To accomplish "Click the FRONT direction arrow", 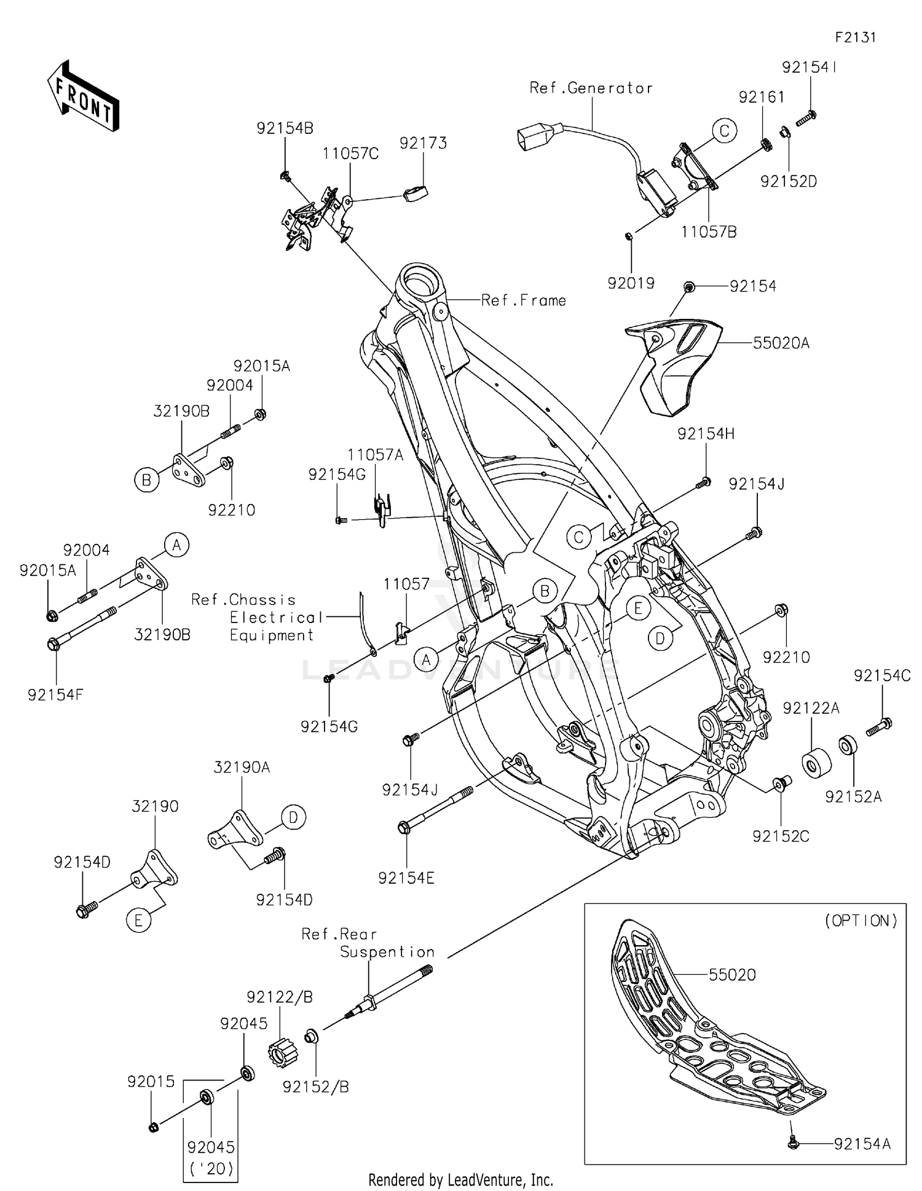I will click(x=83, y=96).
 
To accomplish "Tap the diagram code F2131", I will click(x=855, y=37).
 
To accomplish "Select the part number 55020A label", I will click(x=781, y=343).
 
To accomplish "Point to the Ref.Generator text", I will click(x=591, y=88).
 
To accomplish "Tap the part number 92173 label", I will click(x=423, y=143).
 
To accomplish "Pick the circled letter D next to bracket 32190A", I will click(x=293, y=817).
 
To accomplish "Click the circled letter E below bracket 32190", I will click(x=138, y=920).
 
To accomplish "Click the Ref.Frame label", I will click(x=523, y=301).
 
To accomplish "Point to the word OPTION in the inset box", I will click(x=861, y=920).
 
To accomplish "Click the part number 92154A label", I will click(x=862, y=1143).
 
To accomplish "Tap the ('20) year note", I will click(x=211, y=1168).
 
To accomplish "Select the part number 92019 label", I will click(x=631, y=283).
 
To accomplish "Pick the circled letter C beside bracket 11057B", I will click(x=724, y=130).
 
